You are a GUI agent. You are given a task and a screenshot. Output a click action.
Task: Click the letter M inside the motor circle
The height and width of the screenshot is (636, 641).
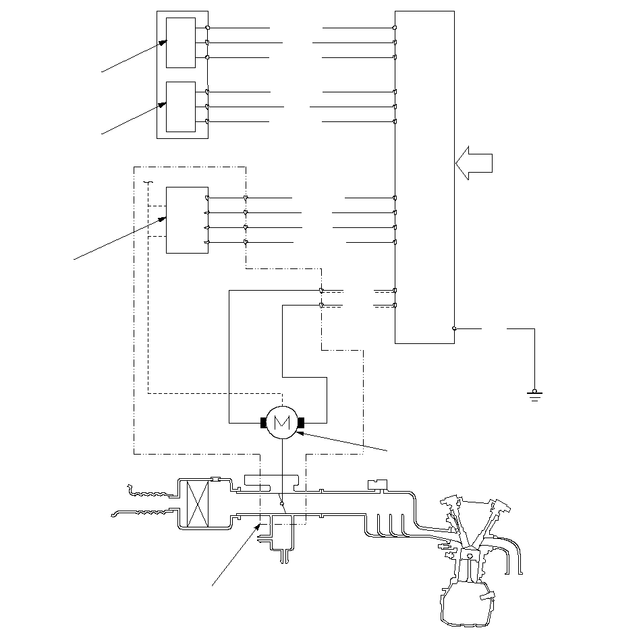tap(282, 422)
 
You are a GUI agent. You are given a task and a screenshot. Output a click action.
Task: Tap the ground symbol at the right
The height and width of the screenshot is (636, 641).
tap(534, 395)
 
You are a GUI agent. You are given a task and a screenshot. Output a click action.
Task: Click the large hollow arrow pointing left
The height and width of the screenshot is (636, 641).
tap(474, 163)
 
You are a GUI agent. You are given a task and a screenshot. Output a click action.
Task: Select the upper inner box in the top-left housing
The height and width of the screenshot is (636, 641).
tap(181, 42)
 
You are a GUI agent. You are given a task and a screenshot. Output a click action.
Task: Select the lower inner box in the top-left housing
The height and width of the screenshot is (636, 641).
tap(181, 107)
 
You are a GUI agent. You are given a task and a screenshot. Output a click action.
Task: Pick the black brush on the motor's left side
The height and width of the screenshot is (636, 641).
tap(263, 423)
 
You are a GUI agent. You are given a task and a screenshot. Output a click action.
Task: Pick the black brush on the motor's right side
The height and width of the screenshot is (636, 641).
tap(301, 423)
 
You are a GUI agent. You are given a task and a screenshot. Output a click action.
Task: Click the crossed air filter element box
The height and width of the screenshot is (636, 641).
tap(198, 504)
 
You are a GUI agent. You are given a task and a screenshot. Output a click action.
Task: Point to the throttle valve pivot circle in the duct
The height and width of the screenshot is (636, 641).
tap(282, 504)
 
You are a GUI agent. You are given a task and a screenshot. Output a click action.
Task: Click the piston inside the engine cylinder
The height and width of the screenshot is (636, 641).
tap(470, 556)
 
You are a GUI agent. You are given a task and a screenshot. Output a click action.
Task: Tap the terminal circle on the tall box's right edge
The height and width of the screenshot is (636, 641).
tap(454, 328)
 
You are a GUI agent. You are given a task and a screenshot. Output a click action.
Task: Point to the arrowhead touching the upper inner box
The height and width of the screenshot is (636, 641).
tap(163, 42)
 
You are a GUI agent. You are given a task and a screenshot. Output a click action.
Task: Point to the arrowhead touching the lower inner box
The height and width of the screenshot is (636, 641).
tap(163, 105)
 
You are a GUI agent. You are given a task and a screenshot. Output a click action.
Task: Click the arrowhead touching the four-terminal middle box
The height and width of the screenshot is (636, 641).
tap(163, 219)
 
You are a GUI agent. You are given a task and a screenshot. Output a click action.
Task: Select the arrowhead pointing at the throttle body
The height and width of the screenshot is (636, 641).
tap(258, 527)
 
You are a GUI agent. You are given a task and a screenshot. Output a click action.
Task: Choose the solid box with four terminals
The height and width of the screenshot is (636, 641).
tap(187, 220)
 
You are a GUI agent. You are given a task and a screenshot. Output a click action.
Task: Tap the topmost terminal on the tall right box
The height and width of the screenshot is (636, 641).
tap(395, 28)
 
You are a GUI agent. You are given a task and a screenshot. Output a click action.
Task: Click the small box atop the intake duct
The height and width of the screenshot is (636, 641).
tap(377, 484)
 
